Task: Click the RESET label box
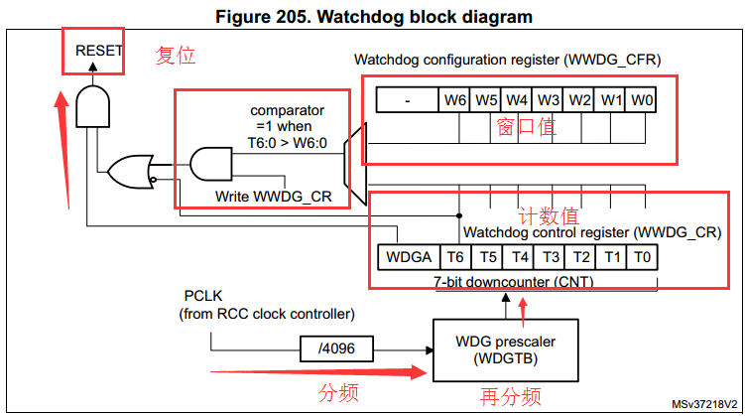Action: [x=93, y=50]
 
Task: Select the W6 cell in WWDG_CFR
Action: [x=455, y=99]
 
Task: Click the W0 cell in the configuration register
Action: [x=642, y=99]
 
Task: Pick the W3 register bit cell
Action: [x=549, y=99]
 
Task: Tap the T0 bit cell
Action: [x=642, y=257]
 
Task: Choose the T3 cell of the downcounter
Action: [x=550, y=257]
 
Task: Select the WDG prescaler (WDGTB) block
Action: [x=505, y=349]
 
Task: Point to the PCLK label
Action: [x=204, y=297]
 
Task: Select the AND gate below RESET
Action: [x=92, y=105]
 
